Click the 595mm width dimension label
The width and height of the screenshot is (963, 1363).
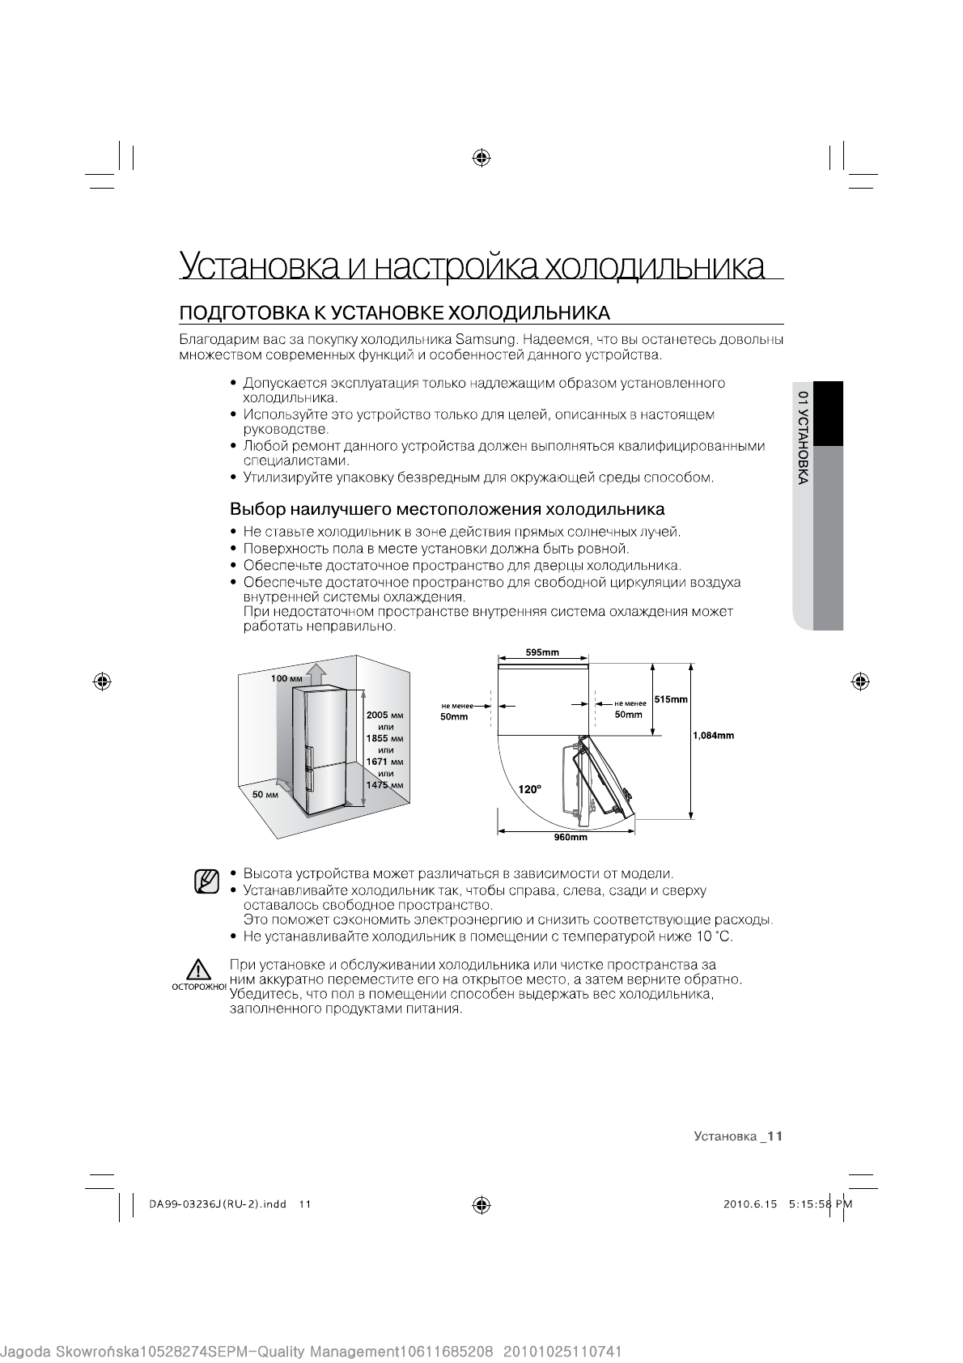click(542, 652)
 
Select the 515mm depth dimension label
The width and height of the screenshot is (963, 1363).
click(671, 699)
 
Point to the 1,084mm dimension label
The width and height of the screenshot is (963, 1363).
click(713, 736)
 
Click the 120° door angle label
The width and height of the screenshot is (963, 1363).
click(530, 788)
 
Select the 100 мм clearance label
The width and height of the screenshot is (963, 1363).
click(286, 678)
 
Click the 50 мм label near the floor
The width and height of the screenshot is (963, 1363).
click(265, 795)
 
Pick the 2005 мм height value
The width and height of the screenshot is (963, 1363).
click(384, 715)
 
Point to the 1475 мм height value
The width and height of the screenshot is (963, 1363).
click(384, 785)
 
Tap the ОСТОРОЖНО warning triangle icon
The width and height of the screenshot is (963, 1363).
click(197, 970)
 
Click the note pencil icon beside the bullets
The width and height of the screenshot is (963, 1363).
click(207, 881)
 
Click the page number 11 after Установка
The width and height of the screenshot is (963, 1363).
click(775, 1136)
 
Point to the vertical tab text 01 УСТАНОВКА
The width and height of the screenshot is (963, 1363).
click(802, 438)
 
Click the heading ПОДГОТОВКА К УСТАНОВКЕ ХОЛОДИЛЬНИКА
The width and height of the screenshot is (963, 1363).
click(393, 312)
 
